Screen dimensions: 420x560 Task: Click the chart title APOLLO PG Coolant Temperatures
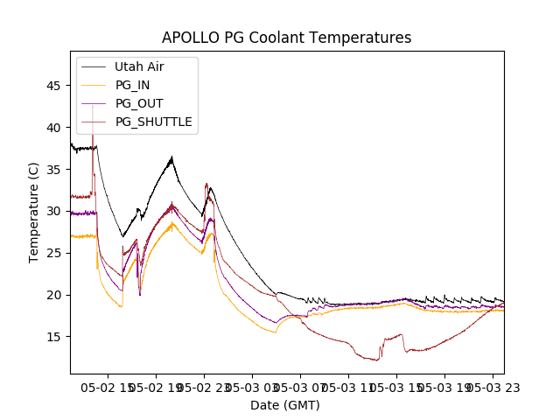tap(286, 38)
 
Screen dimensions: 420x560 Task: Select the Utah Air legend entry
tap(139, 66)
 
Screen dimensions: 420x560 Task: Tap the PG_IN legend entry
tap(132, 85)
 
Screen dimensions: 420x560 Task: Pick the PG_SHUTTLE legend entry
tap(153, 122)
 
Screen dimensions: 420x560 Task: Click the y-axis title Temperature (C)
tap(34, 212)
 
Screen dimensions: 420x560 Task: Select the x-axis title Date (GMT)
tap(285, 405)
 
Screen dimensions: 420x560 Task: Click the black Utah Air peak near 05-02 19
tap(172, 157)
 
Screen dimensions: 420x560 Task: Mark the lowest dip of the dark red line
tap(377, 360)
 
